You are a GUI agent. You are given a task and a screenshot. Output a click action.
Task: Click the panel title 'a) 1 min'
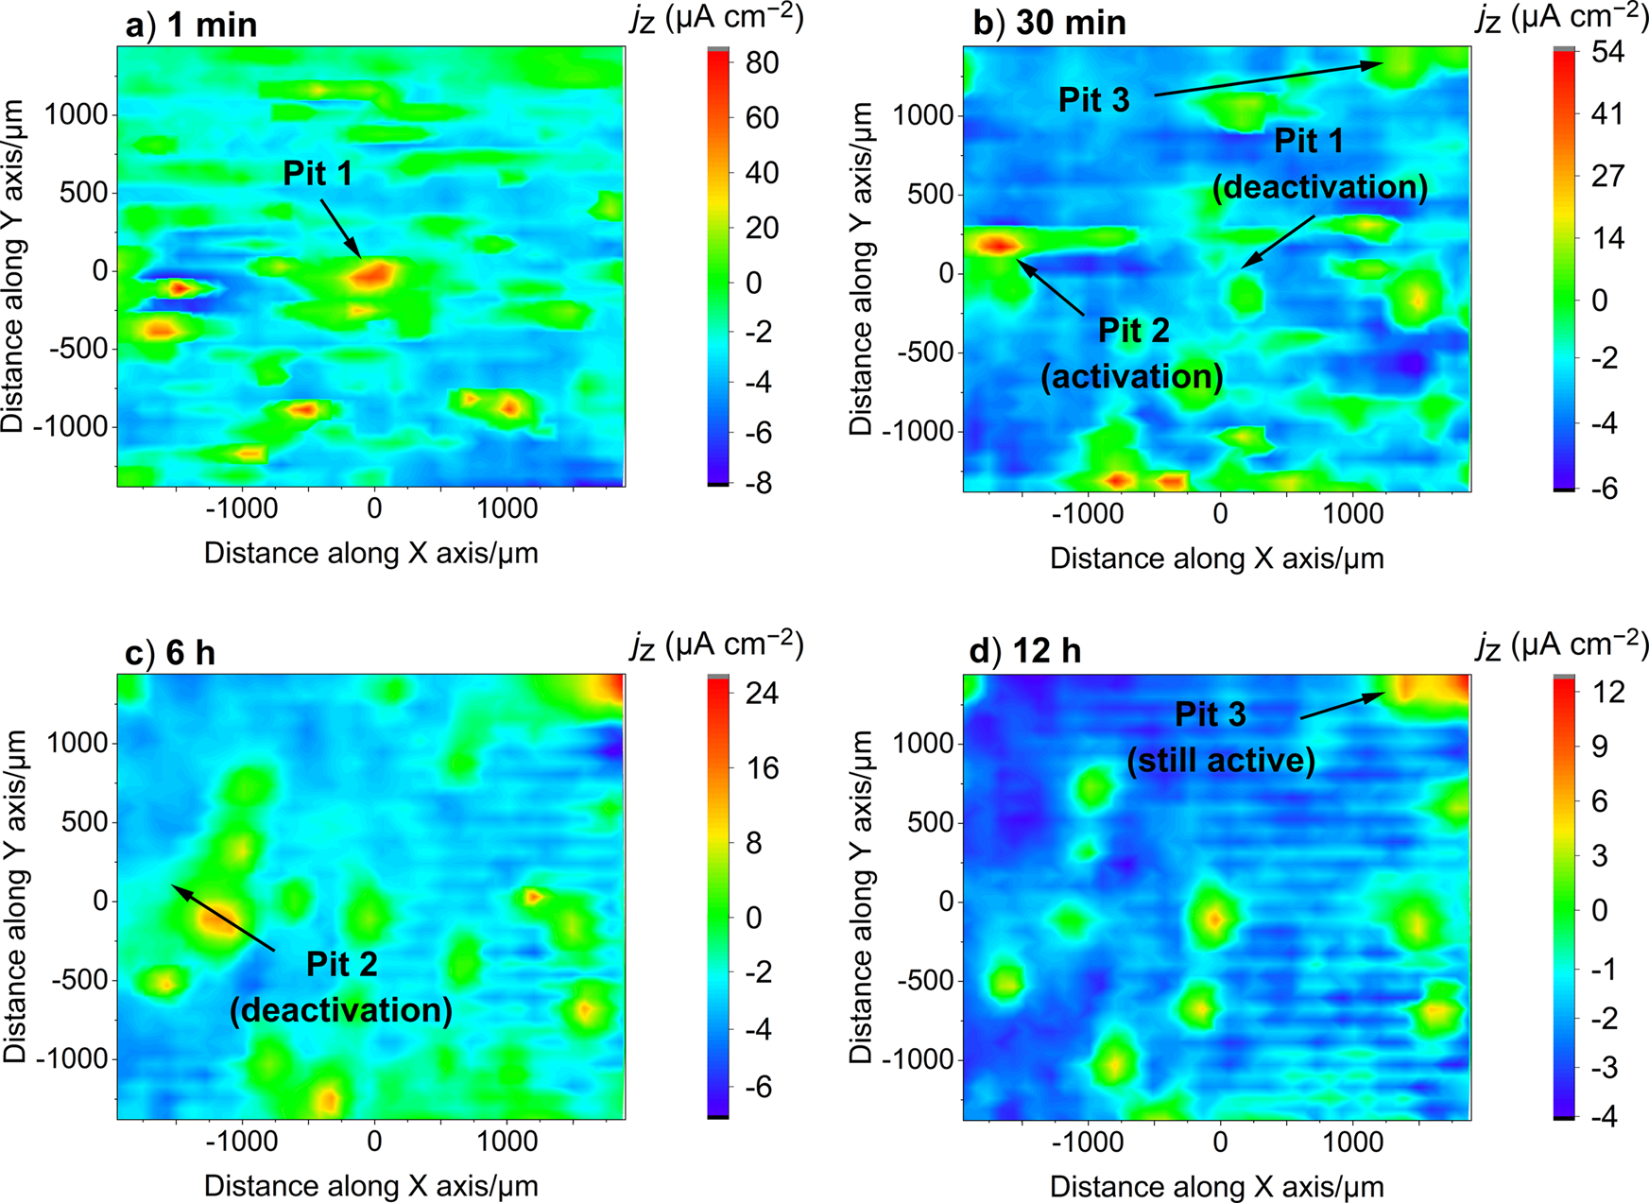[x=191, y=25]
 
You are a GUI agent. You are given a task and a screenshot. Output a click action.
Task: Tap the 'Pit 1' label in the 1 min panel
[x=318, y=174]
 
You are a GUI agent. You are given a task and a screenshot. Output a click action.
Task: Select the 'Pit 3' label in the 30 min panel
[x=1093, y=100]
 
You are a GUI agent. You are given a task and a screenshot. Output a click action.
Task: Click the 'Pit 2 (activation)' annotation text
[x=1132, y=353]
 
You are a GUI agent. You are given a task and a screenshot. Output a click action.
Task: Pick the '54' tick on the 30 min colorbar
[x=1607, y=53]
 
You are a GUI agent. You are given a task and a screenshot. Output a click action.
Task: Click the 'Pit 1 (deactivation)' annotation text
[x=1319, y=163]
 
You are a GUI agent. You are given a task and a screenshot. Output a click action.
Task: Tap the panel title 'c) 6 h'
[x=170, y=653]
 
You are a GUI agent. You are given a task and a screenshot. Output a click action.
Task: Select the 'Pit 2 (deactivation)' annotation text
[x=341, y=987]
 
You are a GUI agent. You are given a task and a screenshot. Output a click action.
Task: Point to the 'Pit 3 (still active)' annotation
[x=1221, y=737]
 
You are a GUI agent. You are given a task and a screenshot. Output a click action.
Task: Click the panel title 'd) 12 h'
[x=1025, y=651]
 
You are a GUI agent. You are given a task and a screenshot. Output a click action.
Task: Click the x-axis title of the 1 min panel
[x=370, y=553]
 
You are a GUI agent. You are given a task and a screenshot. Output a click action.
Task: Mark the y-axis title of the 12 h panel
[x=861, y=896]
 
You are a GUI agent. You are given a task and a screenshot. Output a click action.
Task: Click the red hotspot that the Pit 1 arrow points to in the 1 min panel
[x=373, y=275]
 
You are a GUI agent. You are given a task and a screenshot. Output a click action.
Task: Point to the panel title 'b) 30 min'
[x=1049, y=23]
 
